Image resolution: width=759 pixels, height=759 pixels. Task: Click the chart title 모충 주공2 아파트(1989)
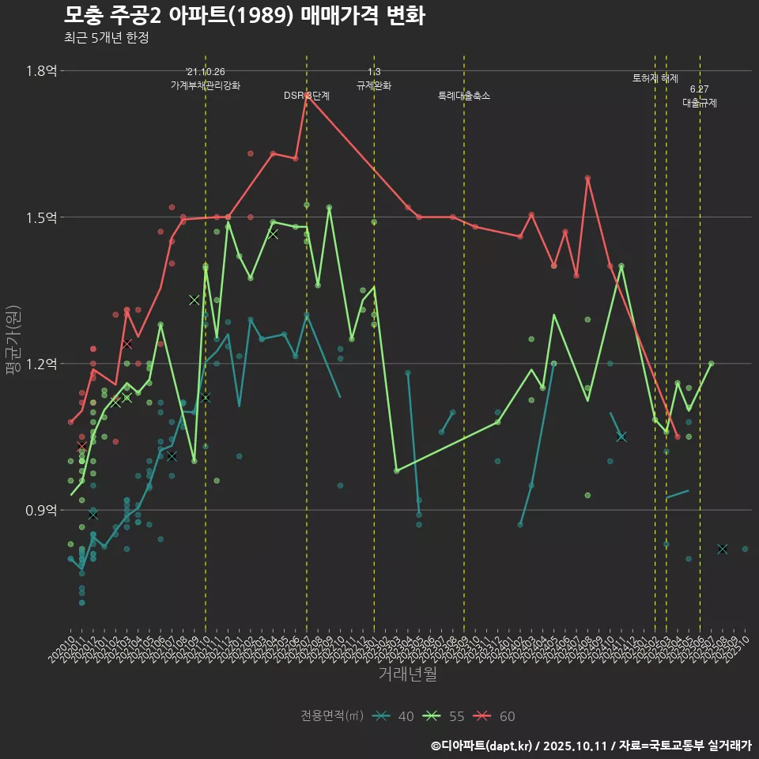click(244, 16)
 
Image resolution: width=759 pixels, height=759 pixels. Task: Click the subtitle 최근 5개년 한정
click(106, 37)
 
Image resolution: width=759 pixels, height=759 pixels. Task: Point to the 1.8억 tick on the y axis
click(41, 71)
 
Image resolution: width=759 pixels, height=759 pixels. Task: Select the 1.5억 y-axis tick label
click(41, 217)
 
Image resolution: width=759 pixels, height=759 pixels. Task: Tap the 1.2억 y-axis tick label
click(41, 364)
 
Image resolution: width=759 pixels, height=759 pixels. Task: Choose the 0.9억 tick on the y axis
click(41, 510)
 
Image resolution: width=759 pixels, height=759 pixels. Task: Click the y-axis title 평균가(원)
click(12, 340)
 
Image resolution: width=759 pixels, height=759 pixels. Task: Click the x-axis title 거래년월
click(407, 674)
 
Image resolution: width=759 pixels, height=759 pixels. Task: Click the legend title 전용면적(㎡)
click(332, 716)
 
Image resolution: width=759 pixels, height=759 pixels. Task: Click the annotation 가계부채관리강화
click(206, 85)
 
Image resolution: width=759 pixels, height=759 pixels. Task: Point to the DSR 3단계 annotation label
click(307, 96)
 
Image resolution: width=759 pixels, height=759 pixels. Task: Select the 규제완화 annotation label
click(374, 85)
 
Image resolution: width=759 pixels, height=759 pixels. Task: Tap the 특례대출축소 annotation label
click(464, 96)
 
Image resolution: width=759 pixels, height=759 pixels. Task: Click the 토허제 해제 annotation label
click(655, 78)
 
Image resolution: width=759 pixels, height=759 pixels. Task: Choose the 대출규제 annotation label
click(700, 103)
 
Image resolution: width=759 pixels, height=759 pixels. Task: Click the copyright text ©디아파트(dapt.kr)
click(483, 746)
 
